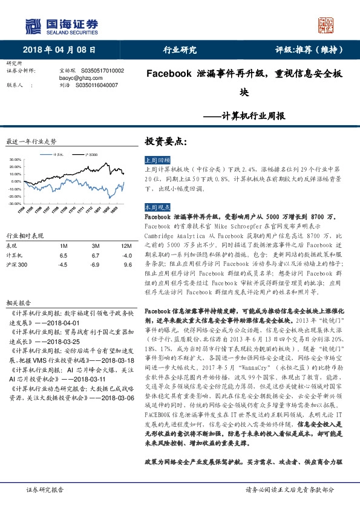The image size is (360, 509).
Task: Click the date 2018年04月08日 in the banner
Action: tap(59, 50)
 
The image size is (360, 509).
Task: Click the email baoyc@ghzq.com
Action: tap(76, 79)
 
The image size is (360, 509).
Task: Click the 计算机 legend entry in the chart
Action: tap(58, 154)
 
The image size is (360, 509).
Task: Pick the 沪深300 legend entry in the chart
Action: tap(90, 154)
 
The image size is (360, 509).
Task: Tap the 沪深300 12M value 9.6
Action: tap(127, 265)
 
